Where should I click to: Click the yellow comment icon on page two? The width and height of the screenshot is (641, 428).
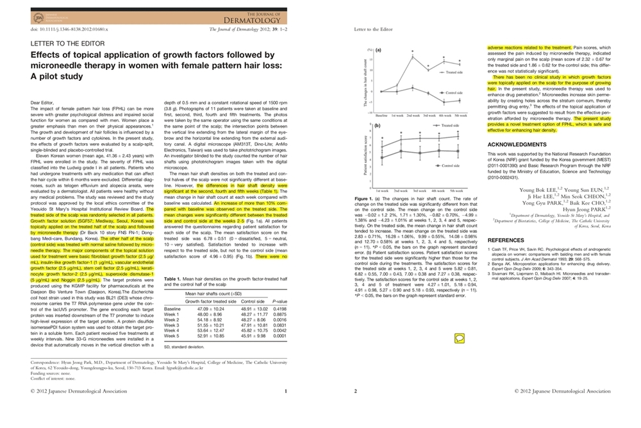tap(460, 338)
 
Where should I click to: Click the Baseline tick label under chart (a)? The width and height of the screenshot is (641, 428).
tap(382, 114)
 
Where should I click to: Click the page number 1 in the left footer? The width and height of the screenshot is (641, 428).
tap(286, 391)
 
